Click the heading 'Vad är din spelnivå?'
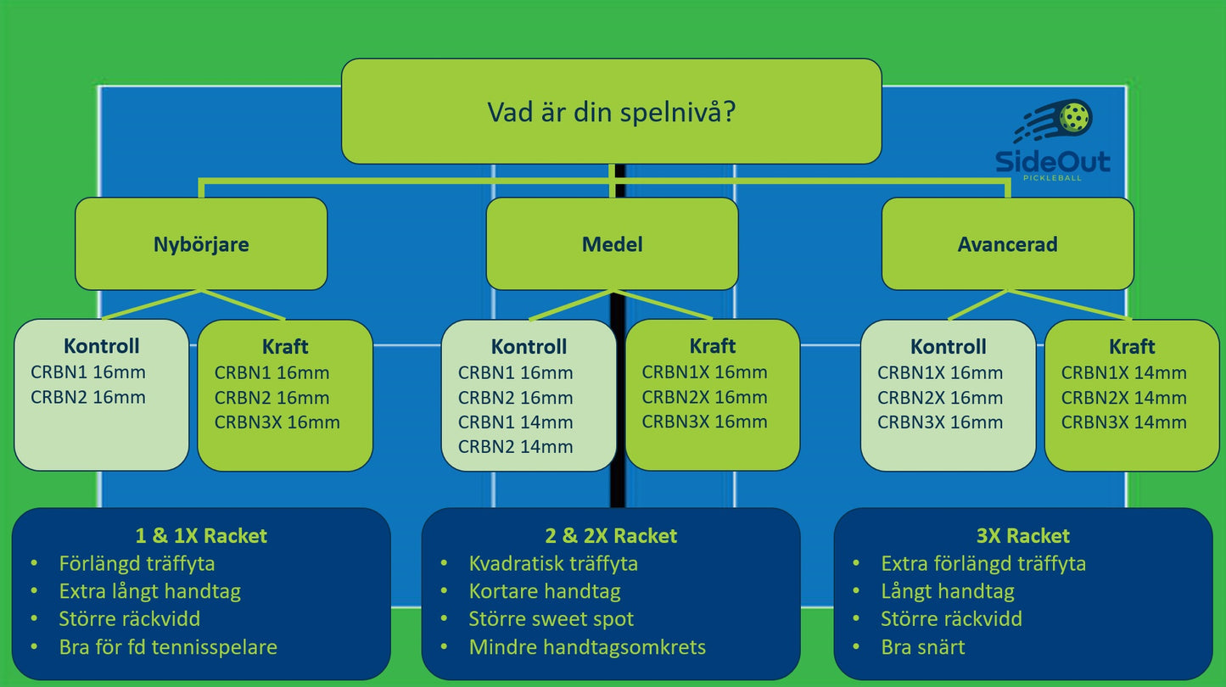pyautogui.click(x=611, y=112)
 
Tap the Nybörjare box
pyautogui.click(x=201, y=244)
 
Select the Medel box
pyautogui.click(x=612, y=244)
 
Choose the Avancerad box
pyautogui.click(x=1007, y=244)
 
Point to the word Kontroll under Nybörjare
pyautogui.click(x=101, y=346)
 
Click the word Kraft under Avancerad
pyautogui.click(x=1132, y=346)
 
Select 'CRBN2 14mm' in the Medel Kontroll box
pyautogui.click(x=515, y=447)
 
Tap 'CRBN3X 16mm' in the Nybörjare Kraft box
pyautogui.click(x=277, y=422)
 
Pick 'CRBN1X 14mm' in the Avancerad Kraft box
pyautogui.click(x=1123, y=372)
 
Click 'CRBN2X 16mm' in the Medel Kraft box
pyautogui.click(x=704, y=397)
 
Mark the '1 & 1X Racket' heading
pyautogui.click(x=201, y=536)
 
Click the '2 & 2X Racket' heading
pyautogui.click(x=611, y=536)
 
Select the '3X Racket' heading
pyautogui.click(x=1023, y=536)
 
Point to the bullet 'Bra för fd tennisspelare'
pyautogui.click(x=168, y=647)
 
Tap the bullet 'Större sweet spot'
pyautogui.click(x=551, y=619)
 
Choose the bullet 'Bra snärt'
pyautogui.click(x=923, y=647)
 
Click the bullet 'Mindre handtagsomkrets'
pyautogui.click(x=587, y=647)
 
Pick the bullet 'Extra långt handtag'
pyautogui.click(x=150, y=591)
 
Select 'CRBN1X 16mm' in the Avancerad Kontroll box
pyautogui.click(x=940, y=372)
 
